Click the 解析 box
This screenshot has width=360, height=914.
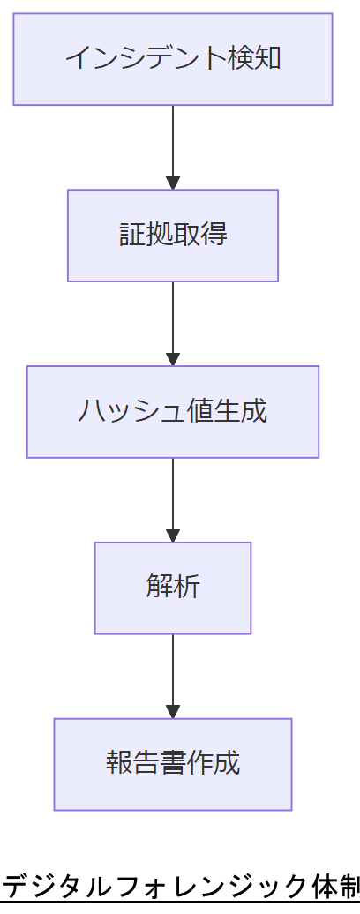[x=173, y=588]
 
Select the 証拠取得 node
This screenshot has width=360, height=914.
[x=173, y=236]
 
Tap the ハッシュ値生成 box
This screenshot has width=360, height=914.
[x=173, y=412]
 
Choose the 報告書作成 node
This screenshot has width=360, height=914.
[x=173, y=764]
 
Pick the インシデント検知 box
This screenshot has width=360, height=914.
[x=173, y=59]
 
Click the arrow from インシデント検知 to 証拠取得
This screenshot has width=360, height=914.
[x=173, y=146]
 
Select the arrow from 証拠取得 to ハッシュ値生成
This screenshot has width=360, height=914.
[x=173, y=323]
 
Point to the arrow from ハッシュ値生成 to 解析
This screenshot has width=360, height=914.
[x=173, y=498]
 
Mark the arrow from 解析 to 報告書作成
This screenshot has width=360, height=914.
[x=173, y=675]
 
